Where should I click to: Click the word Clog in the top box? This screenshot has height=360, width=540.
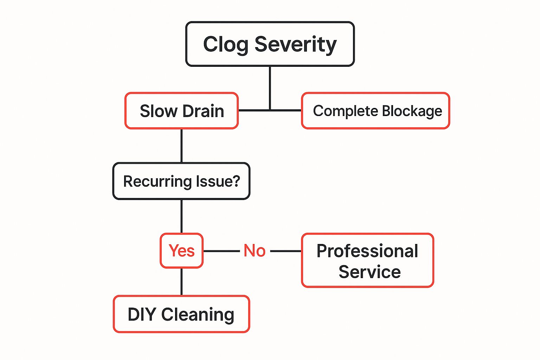click(226, 45)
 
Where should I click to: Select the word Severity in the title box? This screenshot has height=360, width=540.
click(295, 45)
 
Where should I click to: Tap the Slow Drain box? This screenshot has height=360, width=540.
click(181, 111)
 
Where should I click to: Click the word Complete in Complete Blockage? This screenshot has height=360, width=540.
click(345, 111)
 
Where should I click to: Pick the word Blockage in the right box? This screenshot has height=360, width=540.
click(412, 111)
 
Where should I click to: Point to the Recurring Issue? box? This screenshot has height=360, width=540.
click(181, 181)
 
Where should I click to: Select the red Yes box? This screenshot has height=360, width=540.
click(181, 251)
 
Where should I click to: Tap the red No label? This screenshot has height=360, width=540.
click(255, 251)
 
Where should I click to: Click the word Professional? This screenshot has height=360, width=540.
click(367, 251)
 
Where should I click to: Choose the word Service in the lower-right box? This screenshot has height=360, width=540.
click(369, 272)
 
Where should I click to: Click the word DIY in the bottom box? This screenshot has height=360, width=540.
click(142, 314)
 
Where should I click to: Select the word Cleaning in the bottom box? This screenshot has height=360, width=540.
click(198, 314)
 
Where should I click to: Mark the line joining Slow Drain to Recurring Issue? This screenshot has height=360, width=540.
click(181, 146)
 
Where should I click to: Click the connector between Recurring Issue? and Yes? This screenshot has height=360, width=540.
click(181, 216)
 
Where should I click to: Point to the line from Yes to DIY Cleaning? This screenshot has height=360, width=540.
click(181, 282)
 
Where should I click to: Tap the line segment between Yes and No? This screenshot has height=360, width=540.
click(221, 251)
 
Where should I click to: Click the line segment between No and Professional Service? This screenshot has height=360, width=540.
click(285, 251)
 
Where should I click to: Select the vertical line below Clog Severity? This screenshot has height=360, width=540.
click(270, 88)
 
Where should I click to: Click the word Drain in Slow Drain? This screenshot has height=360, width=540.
click(203, 111)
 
